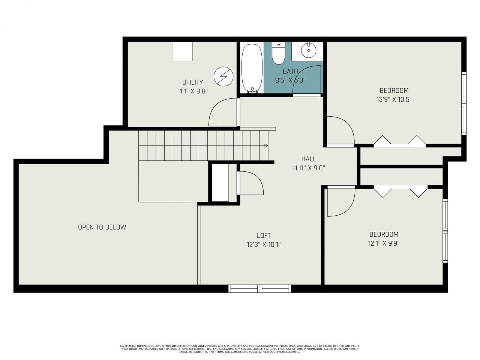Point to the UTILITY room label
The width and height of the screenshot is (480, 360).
192,82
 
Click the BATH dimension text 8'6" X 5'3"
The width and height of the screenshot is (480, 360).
290,80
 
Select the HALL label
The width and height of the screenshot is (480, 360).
308,159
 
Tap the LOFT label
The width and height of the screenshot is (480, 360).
264,235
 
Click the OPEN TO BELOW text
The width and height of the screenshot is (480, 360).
102,227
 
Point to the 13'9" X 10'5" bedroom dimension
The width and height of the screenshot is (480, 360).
394,99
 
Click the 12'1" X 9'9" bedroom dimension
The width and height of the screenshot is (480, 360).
384,243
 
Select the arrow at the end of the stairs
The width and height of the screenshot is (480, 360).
266,145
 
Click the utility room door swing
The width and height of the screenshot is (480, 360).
222,112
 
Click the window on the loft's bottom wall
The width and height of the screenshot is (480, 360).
260,288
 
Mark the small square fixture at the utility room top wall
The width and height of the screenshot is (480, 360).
183,51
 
